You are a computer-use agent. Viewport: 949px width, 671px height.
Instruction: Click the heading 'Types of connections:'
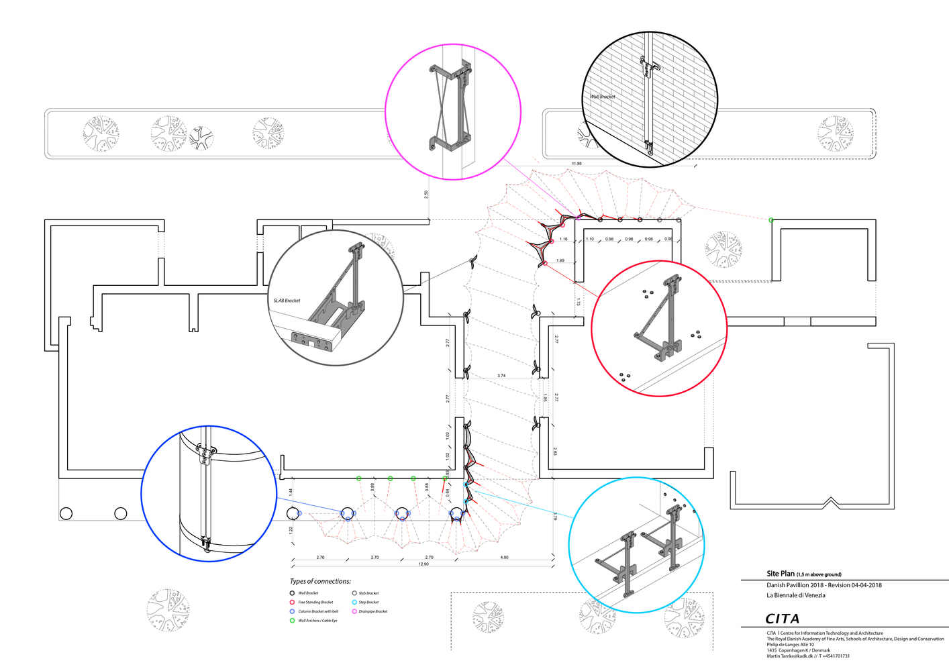320,581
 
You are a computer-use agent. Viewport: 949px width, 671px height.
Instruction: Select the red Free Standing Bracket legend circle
292,603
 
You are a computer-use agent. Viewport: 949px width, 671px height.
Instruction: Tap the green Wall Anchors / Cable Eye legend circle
292,621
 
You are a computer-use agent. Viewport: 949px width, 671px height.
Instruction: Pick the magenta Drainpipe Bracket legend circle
354,611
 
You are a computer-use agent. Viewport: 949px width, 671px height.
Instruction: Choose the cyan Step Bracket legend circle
354,603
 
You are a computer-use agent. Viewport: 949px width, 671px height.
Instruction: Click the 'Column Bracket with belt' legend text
318,611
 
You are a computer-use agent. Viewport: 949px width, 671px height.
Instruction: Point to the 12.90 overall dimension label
423,564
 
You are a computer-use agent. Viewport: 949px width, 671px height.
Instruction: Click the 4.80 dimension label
504,557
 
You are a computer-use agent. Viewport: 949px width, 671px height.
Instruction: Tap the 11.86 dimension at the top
577,164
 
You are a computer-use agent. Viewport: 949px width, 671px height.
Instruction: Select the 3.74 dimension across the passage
501,376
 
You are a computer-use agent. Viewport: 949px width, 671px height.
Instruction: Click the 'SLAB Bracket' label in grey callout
287,301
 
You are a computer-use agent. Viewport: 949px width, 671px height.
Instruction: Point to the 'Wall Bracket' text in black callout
603,97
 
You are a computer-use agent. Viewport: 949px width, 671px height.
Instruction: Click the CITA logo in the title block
782,619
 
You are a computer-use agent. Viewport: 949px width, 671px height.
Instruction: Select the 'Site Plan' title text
781,574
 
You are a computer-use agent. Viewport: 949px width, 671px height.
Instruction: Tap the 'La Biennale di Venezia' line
796,595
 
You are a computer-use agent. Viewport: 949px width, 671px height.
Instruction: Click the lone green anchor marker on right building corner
771,220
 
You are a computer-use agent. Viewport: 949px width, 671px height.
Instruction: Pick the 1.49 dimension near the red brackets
560,260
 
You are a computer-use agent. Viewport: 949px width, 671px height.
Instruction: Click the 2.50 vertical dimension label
426,195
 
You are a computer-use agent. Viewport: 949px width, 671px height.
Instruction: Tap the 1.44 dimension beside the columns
291,492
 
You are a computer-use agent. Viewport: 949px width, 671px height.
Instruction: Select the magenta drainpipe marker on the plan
579,217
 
